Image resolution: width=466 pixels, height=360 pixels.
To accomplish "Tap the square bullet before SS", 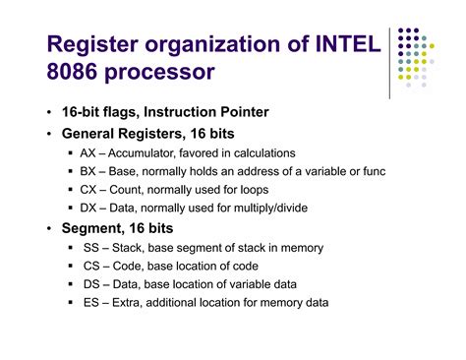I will [x=73, y=248].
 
